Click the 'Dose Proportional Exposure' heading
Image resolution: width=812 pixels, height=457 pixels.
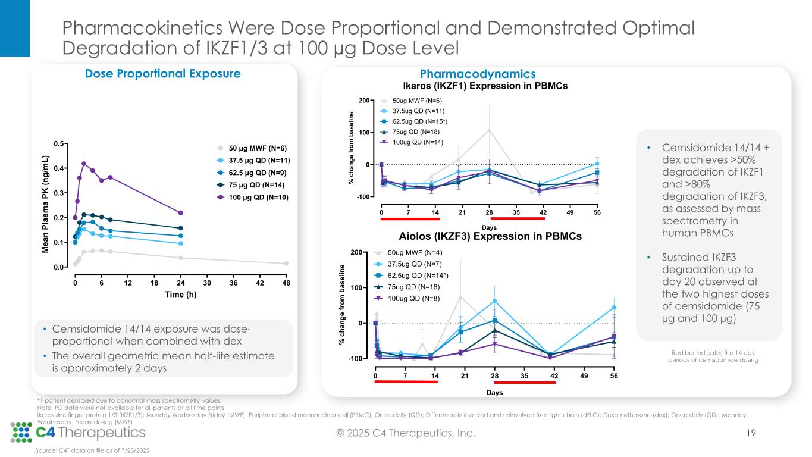click(164, 74)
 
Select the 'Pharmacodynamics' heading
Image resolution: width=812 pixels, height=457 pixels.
click(478, 74)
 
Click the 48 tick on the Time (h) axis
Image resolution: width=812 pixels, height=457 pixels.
click(286, 283)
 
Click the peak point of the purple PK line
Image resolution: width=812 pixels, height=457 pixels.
click(84, 164)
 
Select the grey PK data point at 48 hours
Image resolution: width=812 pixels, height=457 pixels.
click(286, 263)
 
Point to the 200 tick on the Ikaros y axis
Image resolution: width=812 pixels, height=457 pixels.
click(370, 101)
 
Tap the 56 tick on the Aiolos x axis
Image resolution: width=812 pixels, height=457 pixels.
click(614, 375)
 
